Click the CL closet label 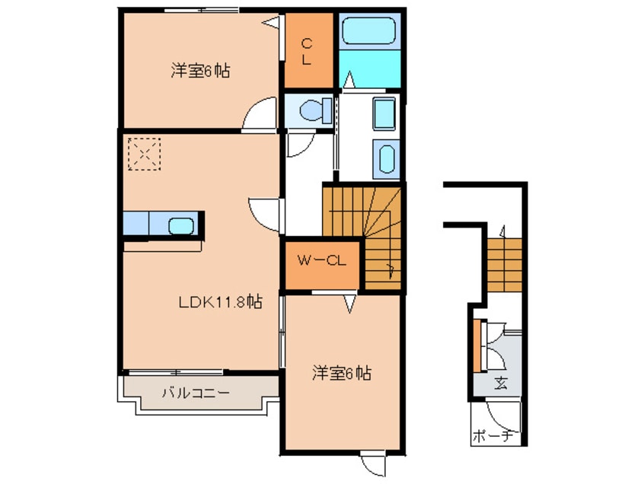tap(305, 52)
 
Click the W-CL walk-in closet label tap(321, 262)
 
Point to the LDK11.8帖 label tap(221, 302)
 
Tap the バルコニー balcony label tap(196, 393)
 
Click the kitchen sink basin tap(180, 225)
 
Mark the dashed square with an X tap(145, 153)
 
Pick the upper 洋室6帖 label tap(200, 72)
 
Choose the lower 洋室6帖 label tap(341, 374)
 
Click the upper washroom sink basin tap(383, 115)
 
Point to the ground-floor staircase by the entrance tap(504, 264)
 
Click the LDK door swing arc tap(264, 211)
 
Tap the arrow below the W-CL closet tap(350, 304)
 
